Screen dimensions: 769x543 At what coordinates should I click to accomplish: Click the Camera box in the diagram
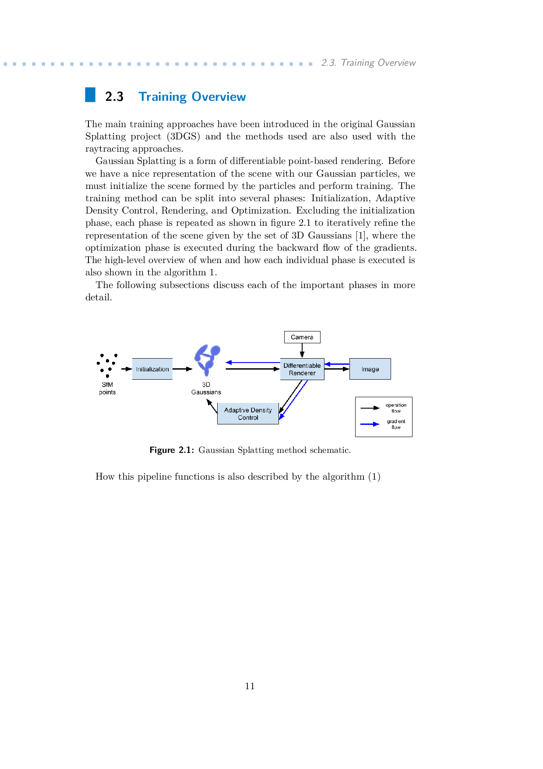(x=302, y=337)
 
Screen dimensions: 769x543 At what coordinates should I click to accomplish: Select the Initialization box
(x=152, y=369)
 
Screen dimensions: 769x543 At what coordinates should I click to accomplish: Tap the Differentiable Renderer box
(x=302, y=369)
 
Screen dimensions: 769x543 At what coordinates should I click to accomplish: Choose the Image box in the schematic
(x=370, y=369)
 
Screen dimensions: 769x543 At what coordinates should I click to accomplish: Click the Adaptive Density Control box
(x=248, y=414)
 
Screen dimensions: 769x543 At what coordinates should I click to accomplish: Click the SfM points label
(x=107, y=388)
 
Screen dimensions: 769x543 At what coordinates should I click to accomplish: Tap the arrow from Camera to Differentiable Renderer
(x=302, y=351)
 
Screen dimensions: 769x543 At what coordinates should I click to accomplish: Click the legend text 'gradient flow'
(x=396, y=424)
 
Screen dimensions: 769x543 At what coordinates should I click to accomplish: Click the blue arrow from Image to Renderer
(x=337, y=364)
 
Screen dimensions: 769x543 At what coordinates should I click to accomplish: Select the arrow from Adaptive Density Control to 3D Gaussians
(x=212, y=406)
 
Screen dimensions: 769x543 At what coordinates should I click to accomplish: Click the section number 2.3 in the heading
(x=114, y=96)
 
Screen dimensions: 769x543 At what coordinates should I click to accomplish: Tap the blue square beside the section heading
(x=90, y=95)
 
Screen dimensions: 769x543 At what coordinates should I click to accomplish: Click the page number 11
(x=250, y=686)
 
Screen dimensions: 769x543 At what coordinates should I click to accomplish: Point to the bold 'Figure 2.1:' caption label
(x=172, y=450)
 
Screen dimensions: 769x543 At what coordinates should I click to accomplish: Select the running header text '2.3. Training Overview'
(x=368, y=63)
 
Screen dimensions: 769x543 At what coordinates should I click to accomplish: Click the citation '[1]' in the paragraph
(x=360, y=235)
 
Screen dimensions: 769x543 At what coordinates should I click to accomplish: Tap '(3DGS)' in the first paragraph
(x=183, y=136)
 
